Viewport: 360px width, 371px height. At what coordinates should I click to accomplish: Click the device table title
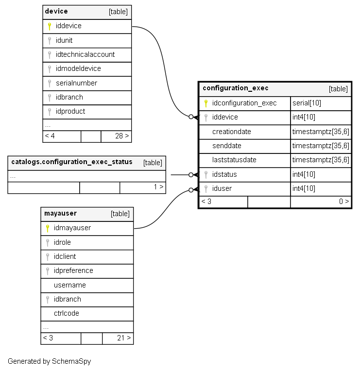click(56, 11)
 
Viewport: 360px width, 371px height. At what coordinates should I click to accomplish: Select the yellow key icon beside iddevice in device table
click(49, 26)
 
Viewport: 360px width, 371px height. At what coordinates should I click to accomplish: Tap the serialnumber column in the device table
click(76, 83)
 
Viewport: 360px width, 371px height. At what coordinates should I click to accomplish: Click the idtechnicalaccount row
click(85, 54)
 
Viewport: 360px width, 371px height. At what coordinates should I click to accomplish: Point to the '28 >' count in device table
click(122, 136)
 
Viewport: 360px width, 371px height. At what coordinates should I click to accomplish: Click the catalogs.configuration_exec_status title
click(72, 162)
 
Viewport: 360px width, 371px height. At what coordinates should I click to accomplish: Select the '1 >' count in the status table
click(158, 186)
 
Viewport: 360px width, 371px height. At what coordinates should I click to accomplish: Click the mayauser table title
click(60, 213)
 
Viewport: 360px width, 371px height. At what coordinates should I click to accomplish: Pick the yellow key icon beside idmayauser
click(47, 228)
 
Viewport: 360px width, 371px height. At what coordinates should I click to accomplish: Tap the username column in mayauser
click(70, 285)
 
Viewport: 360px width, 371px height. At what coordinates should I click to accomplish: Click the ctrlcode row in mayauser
click(67, 313)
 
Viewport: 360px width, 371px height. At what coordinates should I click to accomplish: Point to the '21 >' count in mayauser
click(123, 338)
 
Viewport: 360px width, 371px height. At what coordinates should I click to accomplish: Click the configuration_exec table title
click(236, 88)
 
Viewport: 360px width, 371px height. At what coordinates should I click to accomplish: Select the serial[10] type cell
click(307, 103)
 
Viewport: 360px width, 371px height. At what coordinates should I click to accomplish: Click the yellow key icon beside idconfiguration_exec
click(206, 103)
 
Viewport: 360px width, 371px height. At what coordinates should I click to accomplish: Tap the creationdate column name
click(232, 132)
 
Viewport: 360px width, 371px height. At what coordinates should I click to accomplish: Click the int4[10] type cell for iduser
click(304, 188)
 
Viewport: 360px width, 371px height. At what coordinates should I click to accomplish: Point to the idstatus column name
click(224, 174)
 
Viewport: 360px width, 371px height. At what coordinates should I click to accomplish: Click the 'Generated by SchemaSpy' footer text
click(49, 361)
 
